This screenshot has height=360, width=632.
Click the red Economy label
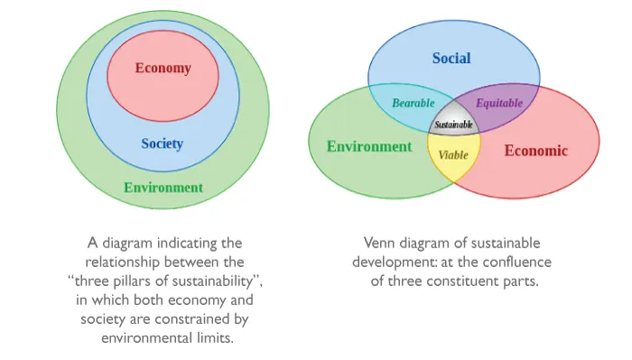pos(163,68)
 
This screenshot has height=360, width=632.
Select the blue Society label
pos(162,143)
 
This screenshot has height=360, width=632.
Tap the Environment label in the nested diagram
pos(163,188)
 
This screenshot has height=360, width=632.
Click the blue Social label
pos(451,58)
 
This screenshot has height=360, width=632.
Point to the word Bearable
pos(414,103)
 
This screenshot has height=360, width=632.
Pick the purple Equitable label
pos(499,104)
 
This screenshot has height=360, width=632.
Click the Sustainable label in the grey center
pos(453,125)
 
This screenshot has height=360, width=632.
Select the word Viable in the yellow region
pos(453,155)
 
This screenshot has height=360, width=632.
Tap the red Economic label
pos(535,151)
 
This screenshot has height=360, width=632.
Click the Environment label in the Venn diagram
pos(369,146)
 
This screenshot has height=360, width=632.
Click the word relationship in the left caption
pos(122,263)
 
